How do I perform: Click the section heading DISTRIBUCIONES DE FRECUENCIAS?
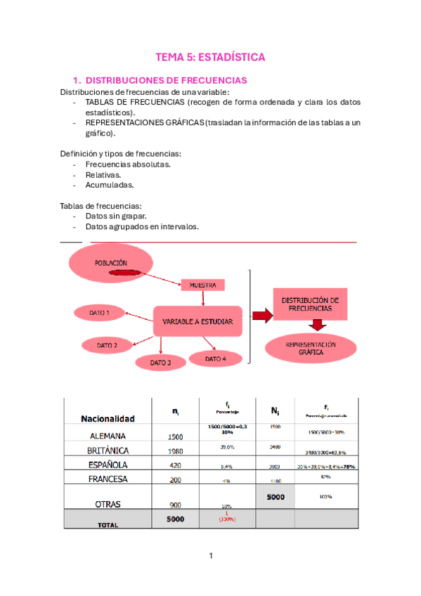click(166, 81)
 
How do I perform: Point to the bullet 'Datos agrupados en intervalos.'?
click(142, 226)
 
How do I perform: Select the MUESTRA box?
click(203, 285)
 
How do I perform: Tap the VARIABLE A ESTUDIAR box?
click(197, 321)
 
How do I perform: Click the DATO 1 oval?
click(98, 313)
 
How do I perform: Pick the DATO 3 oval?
click(160, 363)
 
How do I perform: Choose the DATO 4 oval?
click(216, 358)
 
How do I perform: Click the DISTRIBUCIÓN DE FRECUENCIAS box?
click(310, 304)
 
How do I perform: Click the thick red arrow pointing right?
click(259, 316)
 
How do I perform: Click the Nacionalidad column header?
click(108, 418)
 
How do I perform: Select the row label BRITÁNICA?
click(108, 451)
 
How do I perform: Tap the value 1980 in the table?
click(175, 451)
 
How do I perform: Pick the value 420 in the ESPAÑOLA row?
click(175, 465)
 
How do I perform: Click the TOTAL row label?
click(108, 524)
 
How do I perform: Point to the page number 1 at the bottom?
click(210, 556)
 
